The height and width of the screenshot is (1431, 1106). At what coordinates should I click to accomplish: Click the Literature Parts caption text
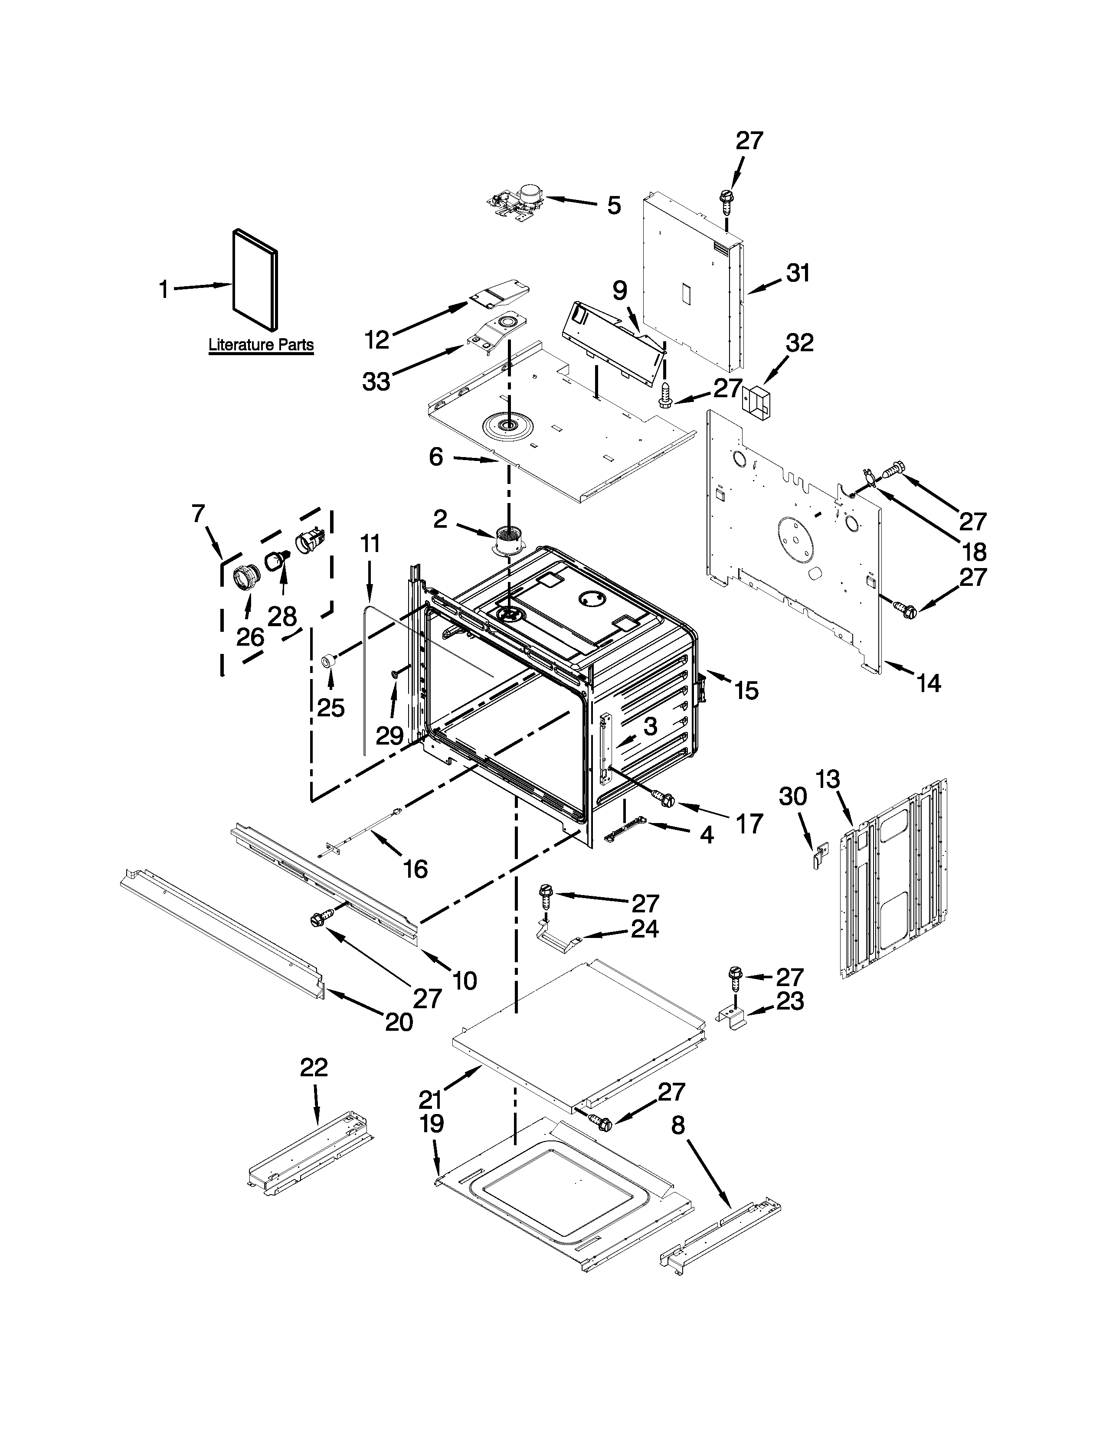(261, 345)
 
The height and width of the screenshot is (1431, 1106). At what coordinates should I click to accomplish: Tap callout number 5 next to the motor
(613, 205)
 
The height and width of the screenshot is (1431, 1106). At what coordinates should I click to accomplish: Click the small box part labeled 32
(756, 402)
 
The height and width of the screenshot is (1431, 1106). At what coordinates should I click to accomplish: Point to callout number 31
(798, 273)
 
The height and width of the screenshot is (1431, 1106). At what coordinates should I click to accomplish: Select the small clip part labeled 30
(819, 856)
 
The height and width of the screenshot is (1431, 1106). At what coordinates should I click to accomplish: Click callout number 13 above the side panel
(828, 780)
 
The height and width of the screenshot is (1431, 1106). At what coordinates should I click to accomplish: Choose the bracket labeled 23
(733, 1018)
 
